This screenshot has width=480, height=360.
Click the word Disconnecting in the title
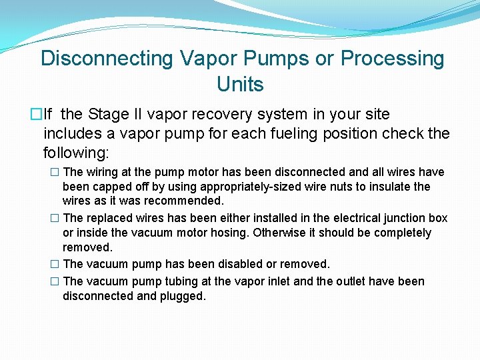[x=107, y=59]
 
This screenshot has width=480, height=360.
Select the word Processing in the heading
[x=392, y=59]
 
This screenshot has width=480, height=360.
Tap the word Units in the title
[x=240, y=85]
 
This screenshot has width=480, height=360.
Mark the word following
[x=75, y=153]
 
